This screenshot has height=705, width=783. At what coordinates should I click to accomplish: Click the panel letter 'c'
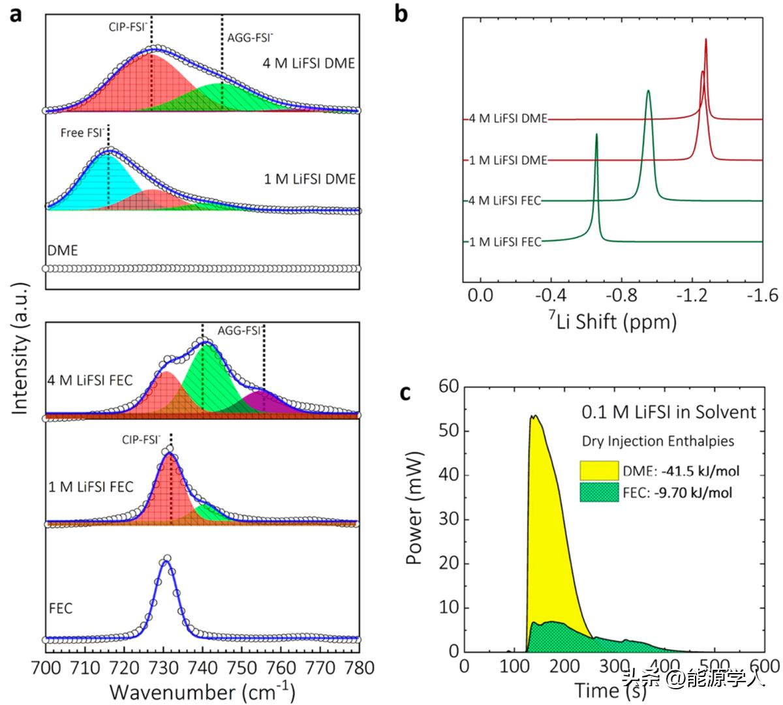[405, 393]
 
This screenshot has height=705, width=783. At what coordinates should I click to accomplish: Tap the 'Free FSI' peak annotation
[82, 132]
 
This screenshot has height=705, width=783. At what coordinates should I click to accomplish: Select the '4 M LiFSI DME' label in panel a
[309, 63]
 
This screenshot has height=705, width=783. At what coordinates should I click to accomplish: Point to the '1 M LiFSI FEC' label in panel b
[505, 242]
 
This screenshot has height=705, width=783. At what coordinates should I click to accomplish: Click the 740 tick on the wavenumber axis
[202, 668]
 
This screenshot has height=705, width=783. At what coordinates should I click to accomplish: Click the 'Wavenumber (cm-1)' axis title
[202, 691]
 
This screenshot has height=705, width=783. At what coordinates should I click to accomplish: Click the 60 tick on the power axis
[451, 387]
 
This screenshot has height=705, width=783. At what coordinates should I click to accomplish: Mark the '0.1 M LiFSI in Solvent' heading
[669, 412]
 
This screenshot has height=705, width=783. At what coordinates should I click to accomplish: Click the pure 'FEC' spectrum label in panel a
[61, 608]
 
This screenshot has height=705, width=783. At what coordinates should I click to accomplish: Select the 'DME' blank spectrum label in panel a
[63, 250]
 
